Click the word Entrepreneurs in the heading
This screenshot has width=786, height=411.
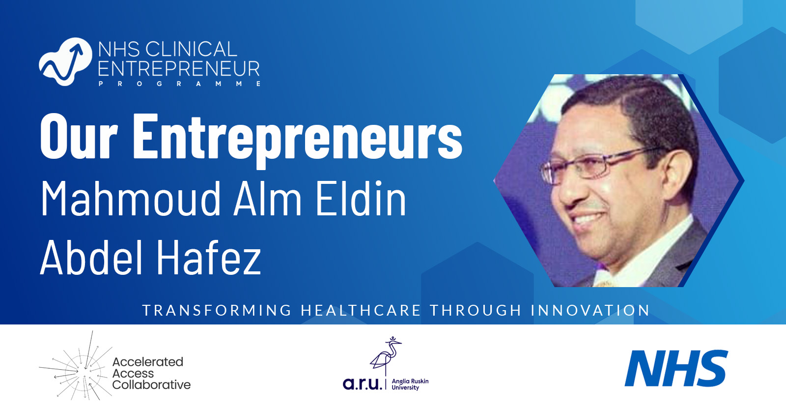297,138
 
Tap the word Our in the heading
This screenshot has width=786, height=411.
79,138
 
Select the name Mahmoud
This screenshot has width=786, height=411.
131,199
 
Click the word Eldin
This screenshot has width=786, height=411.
361,199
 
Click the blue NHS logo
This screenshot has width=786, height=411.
676,368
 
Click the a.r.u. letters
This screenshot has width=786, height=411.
362,383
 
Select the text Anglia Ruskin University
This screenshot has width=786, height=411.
410,384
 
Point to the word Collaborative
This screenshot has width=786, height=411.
151,385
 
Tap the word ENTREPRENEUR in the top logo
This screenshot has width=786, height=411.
179,69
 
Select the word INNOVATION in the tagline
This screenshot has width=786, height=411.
590,311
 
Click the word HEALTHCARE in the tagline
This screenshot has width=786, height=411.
361,311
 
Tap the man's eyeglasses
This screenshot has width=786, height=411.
594,165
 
